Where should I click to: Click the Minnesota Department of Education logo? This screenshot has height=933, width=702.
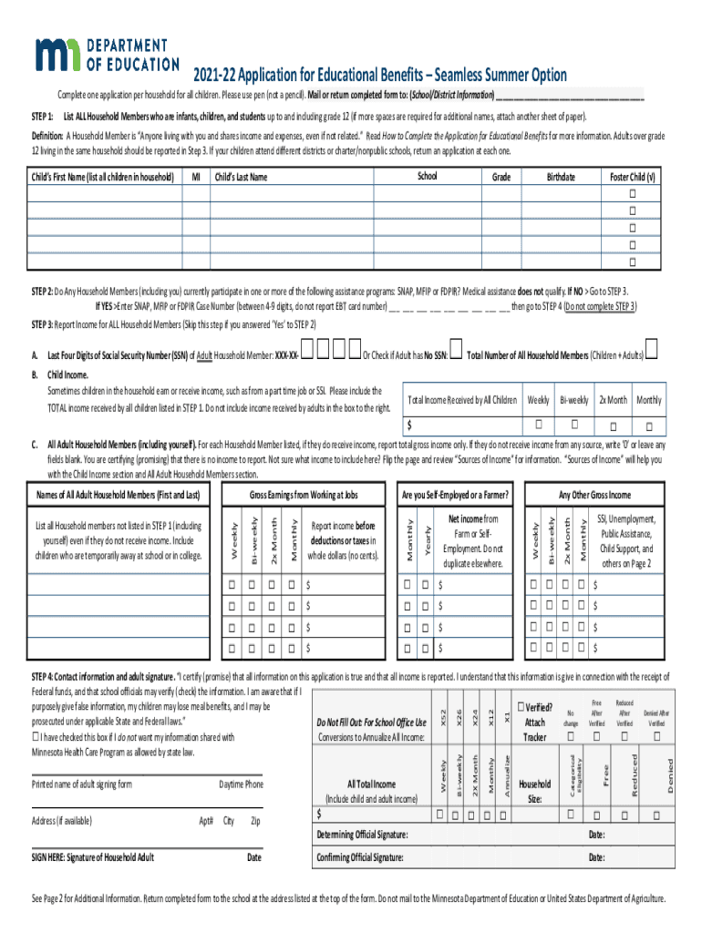click(x=106, y=56)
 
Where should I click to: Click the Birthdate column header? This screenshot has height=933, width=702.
click(x=561, y=177)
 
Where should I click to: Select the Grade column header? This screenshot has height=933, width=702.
click(x=501, y=177)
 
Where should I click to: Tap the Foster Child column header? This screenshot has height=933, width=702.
click(x=632, y=177)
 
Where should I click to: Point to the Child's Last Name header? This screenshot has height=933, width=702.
click(x=241, y=177)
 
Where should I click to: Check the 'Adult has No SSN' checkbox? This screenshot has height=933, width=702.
click(x=457, y=354)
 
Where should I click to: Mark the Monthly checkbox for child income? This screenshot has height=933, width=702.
click(x=648, y=425)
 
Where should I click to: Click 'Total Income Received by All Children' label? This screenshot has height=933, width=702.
click(x=462, y=400)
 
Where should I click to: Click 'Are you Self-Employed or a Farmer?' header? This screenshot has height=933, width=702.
click(x=455, y=495)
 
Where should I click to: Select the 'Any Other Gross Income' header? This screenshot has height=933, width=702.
click(x=594, y=495)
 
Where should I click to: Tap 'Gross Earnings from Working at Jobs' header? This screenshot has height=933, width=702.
click(x=304, y=495)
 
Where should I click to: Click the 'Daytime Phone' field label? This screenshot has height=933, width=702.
click(x=241, y=784)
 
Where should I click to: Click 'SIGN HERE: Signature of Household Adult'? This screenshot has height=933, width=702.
click(x=93, y=857)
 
